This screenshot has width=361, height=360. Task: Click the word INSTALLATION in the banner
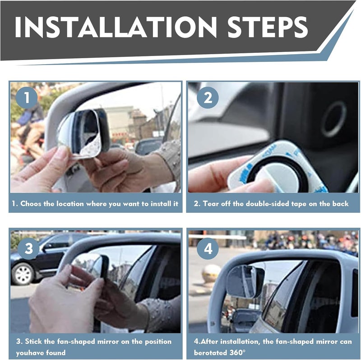click(116, 27)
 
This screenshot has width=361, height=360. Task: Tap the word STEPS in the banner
click(268, 27)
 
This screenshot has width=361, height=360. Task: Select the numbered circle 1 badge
click(27, 98)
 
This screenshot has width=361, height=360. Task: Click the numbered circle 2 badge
click(208, 98)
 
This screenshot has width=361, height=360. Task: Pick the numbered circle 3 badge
click(28, 249)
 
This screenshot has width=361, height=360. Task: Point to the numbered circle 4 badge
click(208, 249)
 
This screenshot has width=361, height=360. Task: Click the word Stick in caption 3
click(33, 341)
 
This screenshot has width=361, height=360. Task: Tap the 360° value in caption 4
click(238, 353)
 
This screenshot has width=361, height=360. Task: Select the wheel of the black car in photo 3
click(22, 274)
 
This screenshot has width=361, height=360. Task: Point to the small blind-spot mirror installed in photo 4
click(245, 281)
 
